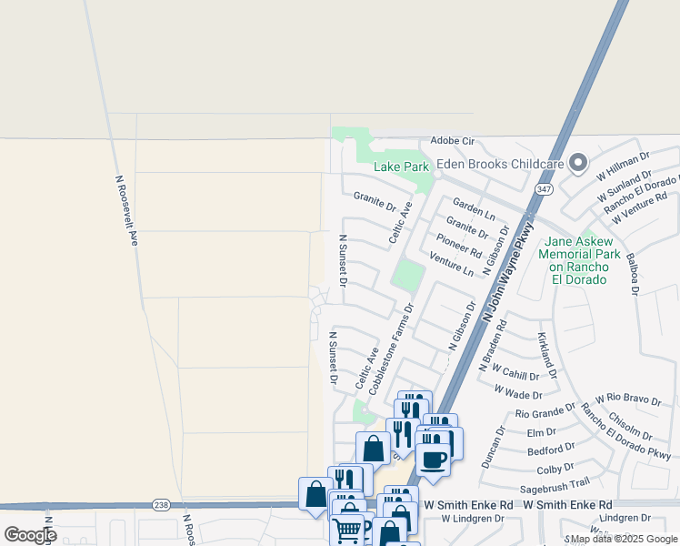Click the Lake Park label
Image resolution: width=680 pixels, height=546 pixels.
click(x=401, y=167)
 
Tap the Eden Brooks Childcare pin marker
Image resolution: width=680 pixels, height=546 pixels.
click(x=578, y=165)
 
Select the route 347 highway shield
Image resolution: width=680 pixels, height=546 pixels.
click(x=544, y=189)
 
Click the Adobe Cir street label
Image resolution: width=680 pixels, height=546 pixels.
click(x=453, y=142)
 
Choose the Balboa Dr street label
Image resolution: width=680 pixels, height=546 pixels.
click(x=634, y=277)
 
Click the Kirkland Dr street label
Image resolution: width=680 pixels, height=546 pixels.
click(x=545, y=356)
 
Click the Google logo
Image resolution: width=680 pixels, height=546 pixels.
click(x=29, y=534)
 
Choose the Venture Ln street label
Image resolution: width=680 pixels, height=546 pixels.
click(x=452, y=265)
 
